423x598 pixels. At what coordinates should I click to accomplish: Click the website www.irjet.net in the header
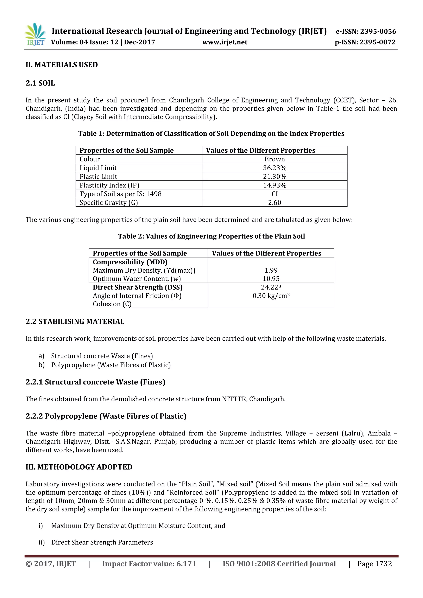pyautogui.click(x=225, y=42)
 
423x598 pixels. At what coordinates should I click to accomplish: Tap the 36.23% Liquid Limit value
pyautogui.click(x=274, y=168)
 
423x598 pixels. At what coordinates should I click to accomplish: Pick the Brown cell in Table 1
pyautogui.click(x=274, y=159)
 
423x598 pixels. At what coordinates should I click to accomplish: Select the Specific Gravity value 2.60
pyautogui.click(x=274, y=203)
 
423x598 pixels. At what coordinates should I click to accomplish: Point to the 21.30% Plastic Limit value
pyautogui.click(x=274, y=177)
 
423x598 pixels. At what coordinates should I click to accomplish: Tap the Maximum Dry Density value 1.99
pyautogui.click(x=271, y=270)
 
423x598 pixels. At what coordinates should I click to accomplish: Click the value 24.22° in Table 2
pyautogui.click(x=271, y=287)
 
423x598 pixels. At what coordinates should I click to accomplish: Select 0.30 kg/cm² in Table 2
pyautogui.click(x=271, y=296)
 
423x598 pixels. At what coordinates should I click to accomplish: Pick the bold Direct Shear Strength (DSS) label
pyautogui.click(x=138, y=287)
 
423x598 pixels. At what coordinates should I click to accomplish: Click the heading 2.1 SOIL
pyautogui.click(x=40, y=83)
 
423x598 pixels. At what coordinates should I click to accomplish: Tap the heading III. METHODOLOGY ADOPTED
pyautogui.click(x=79, y=467)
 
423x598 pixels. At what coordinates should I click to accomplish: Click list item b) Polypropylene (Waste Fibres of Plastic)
pyautogui.click(x=111, y=365)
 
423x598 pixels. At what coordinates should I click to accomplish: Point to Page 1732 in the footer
pyautogui.click(x=374, y=564)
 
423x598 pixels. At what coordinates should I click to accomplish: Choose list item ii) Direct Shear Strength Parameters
pyautogui.click(x=102, y=542)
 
